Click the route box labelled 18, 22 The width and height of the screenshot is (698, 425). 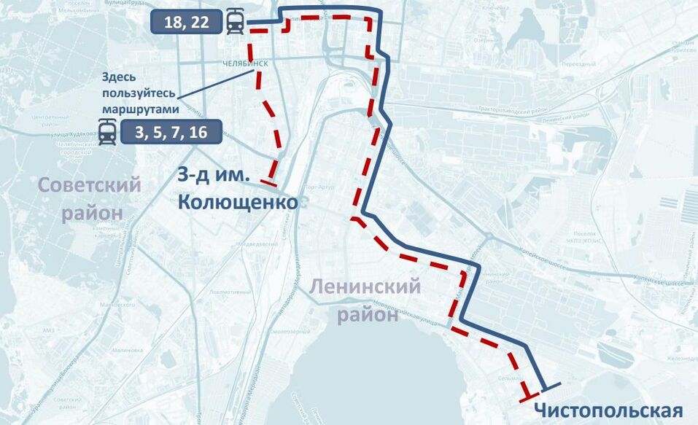tap(186, 22)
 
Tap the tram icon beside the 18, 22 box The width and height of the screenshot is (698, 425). tap(236, 22)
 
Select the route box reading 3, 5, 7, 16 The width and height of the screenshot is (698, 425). tap(171, 132)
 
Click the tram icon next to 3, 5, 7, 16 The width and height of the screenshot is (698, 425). tap(108, 133)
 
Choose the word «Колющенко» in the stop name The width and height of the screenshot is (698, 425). tap(238, 202)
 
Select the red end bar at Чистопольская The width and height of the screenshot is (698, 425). tap(527, 397)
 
